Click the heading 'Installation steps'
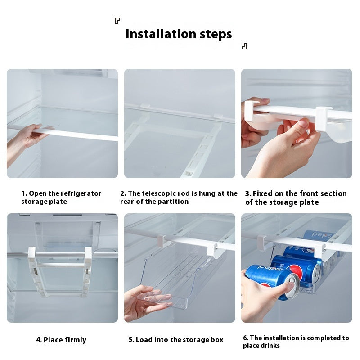(x=179, y=34)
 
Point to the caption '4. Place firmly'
(x=61, y=340)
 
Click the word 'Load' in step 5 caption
(x=144, y=340)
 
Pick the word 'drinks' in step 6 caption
(x=270, y=346)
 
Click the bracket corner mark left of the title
(x=117, y=21)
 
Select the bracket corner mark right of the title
(x=244, y=46)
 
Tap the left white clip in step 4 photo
(x=32, y=255)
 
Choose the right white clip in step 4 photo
(x=88, y=255)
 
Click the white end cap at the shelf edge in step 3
(x=324, y=119)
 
